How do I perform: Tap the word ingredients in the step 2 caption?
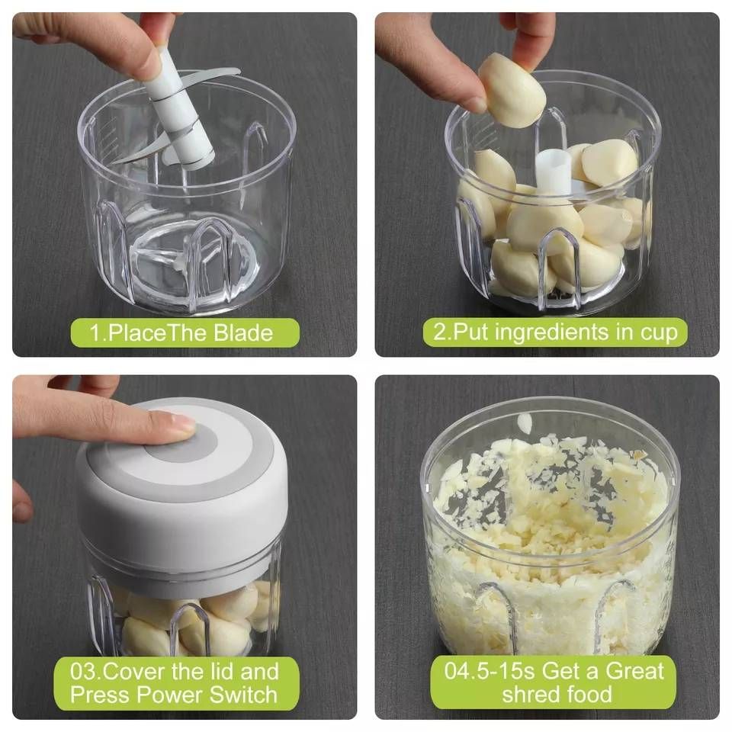pos(551,333)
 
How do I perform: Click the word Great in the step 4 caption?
pos(634,671)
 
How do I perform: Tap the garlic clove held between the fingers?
pos(512,90)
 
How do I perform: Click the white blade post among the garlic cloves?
pos(554,172)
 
